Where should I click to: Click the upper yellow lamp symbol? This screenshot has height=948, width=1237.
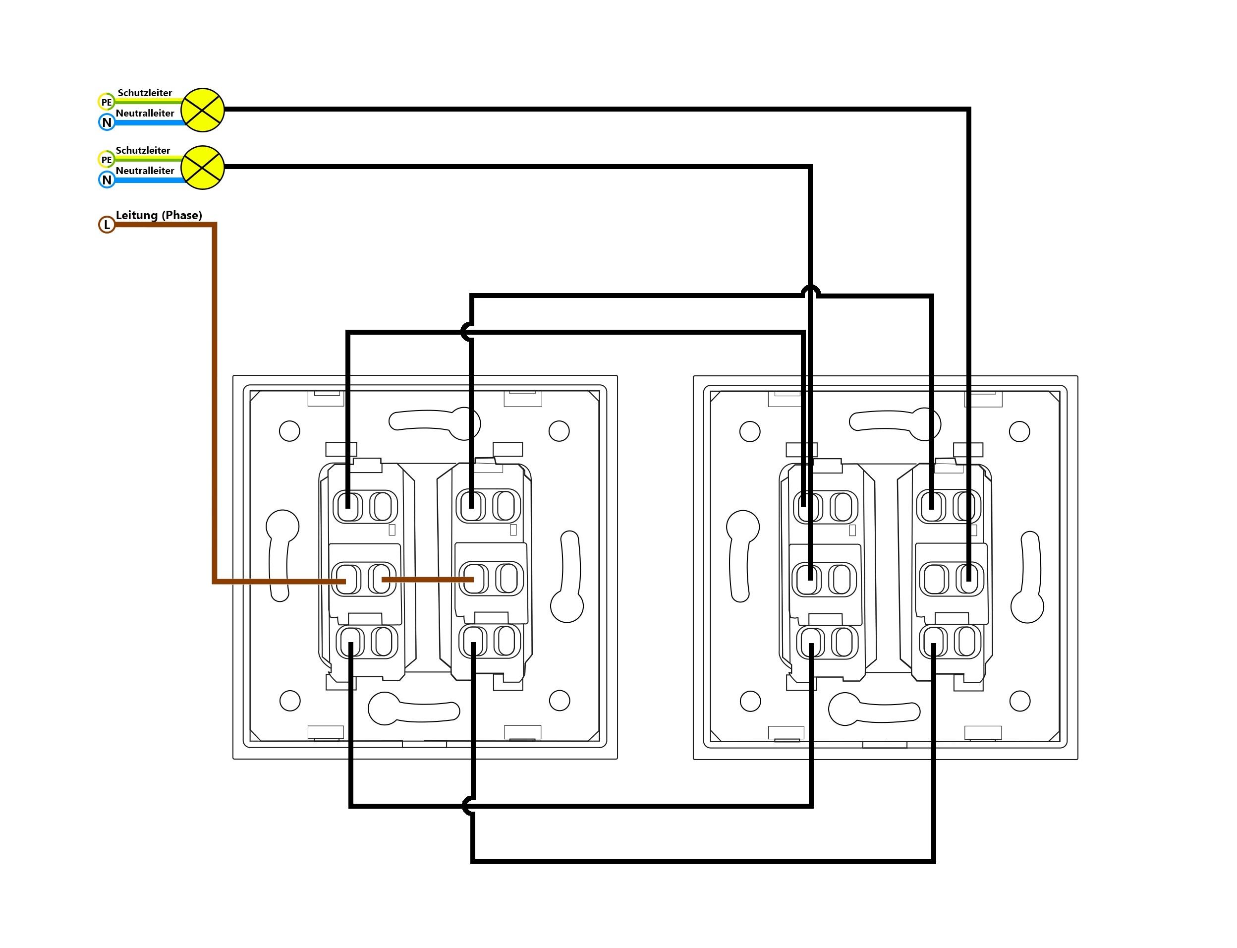(203, 110)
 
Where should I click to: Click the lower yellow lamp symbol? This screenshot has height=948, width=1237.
(203, 168)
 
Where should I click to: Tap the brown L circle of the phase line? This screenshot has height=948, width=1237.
(107, 225)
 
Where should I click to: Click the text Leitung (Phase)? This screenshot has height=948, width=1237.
(159, 215)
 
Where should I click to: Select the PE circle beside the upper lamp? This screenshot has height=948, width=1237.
(107, 102)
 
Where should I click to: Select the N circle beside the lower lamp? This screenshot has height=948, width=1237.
(107, 180)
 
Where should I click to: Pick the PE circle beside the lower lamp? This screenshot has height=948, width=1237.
(107, 159)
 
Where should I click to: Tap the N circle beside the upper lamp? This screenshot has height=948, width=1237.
(107, 122)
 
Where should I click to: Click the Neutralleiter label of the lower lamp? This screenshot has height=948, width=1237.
(145, 171)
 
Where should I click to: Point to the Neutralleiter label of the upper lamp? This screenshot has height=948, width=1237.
(145, 113)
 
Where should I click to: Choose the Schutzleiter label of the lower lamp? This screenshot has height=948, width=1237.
(143, 150)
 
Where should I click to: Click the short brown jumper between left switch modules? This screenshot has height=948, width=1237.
(428, 579)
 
